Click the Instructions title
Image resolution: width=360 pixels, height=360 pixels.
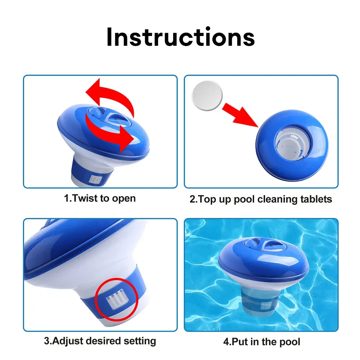click(180, 37)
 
